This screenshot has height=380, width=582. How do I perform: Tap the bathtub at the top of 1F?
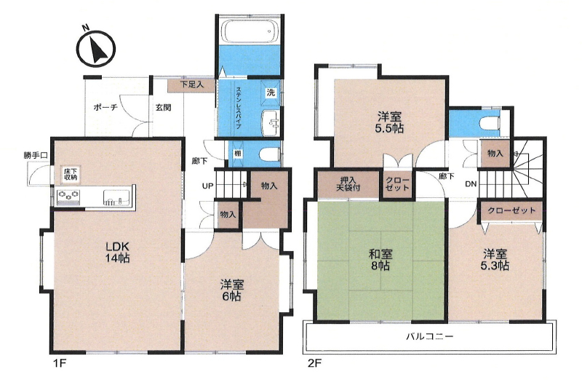pyautogui.click(x=250, y=32)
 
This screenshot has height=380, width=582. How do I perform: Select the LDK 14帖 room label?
pyautogui.click(x=118, y=252)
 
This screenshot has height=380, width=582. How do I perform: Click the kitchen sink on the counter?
pyautogui.click(x=116, y=197)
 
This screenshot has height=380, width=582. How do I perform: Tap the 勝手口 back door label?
pyautogui.click(x=36, y=156)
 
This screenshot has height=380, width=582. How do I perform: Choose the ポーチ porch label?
pyautogui.click(x=105, y=107)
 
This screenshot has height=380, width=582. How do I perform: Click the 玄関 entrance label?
pyautogui.click(x=163, y=107)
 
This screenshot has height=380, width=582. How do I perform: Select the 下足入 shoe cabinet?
pyautogui.click(x=191, y=85)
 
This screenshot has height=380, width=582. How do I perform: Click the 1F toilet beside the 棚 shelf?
pyautogui.click(x=269, y=154)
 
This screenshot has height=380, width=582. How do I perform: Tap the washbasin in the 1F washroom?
pyautogui.click(x=271, y=123)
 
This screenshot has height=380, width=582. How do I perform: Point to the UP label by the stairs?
pyautogui.click(x=207, y=186)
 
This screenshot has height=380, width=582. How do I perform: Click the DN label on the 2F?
pyautogui.click(x=471, y=184)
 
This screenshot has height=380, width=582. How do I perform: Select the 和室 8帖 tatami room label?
pyautogui.click(x=380, y=260)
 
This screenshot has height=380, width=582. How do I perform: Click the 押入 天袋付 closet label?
pyautogui.click(x=348, y=184)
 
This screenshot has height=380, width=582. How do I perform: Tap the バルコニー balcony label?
pyautogui.click(x=429, y=337)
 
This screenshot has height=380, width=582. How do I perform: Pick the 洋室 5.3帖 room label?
pyautogui.click(x=495, y=260)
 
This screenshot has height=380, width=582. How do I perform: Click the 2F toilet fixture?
pyautogui.click(x=490, y=123)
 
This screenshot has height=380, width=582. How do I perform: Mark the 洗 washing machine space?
pyautogui.click(x=271, y=93)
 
